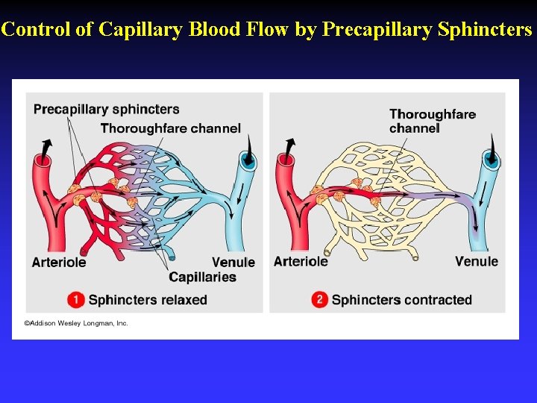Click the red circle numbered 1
pos(76,300)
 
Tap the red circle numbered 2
pos(320,300)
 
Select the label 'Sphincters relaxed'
pos(148,300)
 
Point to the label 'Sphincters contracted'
pos(401,300)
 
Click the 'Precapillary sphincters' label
pos(107,110)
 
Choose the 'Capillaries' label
pos(202,278)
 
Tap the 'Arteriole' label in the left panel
pos(59,262)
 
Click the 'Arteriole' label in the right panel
pos(301,261)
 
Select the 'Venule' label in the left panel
pos(233,262)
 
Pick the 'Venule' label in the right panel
pos(477,261)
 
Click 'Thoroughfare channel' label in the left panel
pos(171,128)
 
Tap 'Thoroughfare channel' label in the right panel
pos(432,121)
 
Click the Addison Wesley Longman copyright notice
pos(76,323)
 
